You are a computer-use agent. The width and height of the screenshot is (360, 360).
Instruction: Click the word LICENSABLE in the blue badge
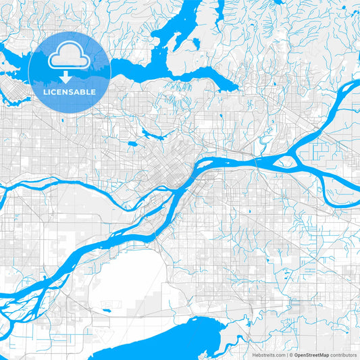tap(70, 91)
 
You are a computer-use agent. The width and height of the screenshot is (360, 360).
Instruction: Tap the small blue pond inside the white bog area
tap(107, 311)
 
